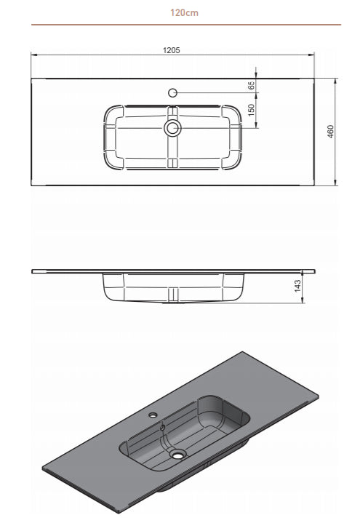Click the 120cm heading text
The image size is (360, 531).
[185, 13]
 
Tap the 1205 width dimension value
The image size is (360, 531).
[172, 50]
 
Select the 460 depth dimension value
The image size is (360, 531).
[331, 132]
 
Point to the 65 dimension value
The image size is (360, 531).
[252, 85]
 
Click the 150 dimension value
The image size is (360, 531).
[252, 110]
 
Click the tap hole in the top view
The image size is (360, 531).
[172, 92]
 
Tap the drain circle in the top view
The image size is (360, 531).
[172, 128]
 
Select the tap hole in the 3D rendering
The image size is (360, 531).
[153, 416]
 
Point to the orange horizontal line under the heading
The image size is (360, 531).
[185, 25]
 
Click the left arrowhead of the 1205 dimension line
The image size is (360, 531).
[33, 55]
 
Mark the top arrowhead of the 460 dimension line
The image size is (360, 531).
[335, 80]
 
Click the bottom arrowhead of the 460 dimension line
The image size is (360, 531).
[335, 183]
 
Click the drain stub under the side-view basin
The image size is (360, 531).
[172, 295]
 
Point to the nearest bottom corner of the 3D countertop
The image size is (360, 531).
[119, 512]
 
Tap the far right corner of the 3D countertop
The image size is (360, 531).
[318, 396]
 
